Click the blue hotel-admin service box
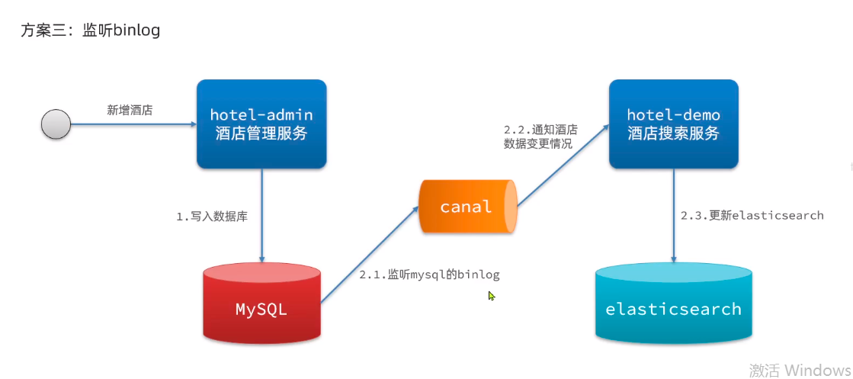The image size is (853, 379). [x=261, y=124]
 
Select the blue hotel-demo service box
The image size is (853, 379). [x=673, y=124]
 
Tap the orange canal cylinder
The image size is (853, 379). [x=468, y=207]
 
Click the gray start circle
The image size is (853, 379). [x=56, y=124]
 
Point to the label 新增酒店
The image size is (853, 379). [x=130, y=111]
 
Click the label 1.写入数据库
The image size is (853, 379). [x=212, y=217]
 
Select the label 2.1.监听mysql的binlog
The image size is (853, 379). [x=429, y=275]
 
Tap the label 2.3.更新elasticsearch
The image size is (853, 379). [x=752, y=216]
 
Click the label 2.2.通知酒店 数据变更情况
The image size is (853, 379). [x=541, y=138]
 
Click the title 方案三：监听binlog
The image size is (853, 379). [x=90, y=31]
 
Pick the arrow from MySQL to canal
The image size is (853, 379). [x=370, y=254]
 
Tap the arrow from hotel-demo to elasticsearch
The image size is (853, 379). [x=675, y=215]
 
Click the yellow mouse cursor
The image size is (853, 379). [x=492, y=296]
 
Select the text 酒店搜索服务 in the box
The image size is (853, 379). [x=673, y=133]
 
